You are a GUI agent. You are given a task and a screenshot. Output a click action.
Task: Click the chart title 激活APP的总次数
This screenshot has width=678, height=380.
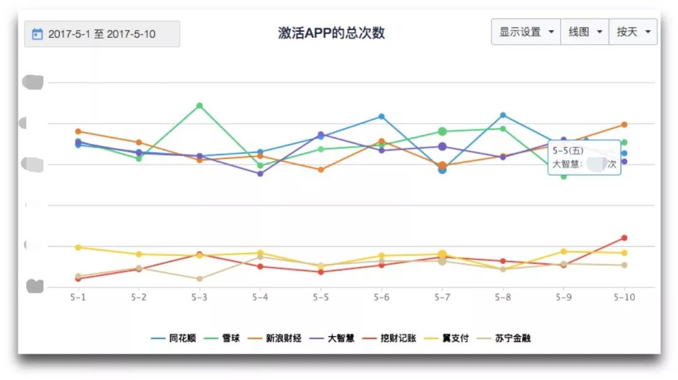point(331,33)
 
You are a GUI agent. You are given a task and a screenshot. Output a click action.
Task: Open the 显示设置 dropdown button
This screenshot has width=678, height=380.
point(526,32)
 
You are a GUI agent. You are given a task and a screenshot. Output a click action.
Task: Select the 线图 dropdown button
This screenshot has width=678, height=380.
point(584,32)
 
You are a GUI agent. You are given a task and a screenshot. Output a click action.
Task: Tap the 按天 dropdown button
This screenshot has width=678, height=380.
point(632,32)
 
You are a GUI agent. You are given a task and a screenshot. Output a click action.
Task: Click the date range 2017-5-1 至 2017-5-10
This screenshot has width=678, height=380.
point(102,34)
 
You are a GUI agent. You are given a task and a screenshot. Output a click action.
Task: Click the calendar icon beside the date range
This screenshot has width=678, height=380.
point(37,34)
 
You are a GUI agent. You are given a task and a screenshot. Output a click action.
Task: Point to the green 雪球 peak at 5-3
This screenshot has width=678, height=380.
point(199,106)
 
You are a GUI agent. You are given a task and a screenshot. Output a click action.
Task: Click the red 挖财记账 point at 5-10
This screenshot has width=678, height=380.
point(624,237)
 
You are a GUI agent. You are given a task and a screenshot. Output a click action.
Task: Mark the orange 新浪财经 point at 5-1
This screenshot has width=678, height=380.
point(78,131)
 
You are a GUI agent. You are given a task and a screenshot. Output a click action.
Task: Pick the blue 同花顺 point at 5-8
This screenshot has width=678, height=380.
point(503,115)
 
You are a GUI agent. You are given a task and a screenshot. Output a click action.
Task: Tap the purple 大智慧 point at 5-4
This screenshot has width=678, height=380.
point(260,173)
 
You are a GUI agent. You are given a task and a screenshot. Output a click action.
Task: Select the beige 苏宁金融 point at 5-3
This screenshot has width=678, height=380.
point(199,279)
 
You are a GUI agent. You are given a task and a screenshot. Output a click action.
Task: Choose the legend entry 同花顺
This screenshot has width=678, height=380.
point(182,338)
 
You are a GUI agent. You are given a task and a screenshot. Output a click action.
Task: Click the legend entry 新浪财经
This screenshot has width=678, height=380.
point(283,338)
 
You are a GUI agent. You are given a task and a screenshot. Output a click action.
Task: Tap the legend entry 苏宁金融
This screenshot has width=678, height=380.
point(513,338)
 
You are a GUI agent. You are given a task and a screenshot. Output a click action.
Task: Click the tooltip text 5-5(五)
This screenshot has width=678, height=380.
point(568,151)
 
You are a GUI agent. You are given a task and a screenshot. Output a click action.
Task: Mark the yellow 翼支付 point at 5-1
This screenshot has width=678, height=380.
point(78,247)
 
